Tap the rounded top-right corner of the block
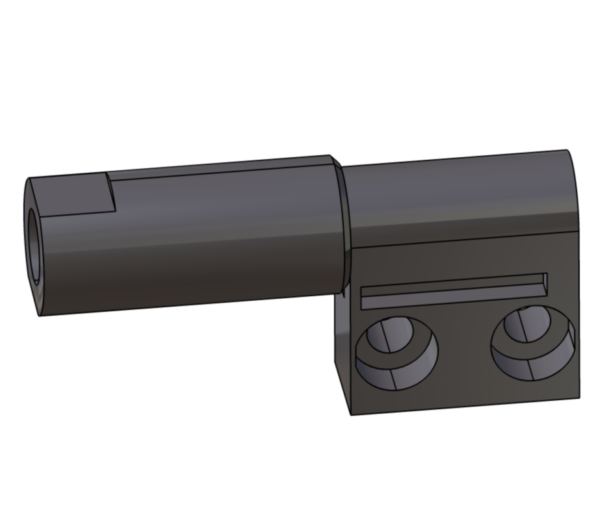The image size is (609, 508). click(x=572, y=162)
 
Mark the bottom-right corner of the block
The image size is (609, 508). click(x=579, y=397)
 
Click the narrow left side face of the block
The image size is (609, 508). click(x=344, y=351)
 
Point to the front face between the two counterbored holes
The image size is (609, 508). click(x=463, y=351)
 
